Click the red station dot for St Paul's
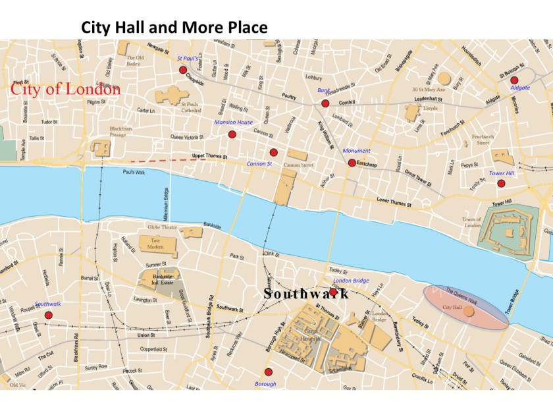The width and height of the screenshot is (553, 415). [183, 70]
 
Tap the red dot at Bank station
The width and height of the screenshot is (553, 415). [325, 103]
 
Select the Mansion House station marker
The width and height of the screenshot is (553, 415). [232, 134]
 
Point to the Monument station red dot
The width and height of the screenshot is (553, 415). [352, 163]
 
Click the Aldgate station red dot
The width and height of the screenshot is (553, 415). [514, 80]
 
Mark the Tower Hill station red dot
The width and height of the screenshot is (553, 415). [501, 184]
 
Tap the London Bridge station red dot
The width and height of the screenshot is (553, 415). [333, 292]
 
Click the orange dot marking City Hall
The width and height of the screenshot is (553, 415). [469, 311]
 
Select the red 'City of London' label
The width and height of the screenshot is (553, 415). [65, 90]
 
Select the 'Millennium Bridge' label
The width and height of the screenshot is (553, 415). [166, 204]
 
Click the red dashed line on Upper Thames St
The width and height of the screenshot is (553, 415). [169, 160]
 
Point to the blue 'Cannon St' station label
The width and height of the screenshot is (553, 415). [259, 163]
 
